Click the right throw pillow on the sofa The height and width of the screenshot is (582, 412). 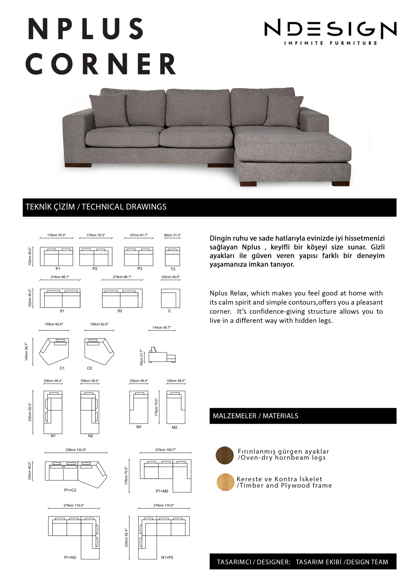tap(284, 111)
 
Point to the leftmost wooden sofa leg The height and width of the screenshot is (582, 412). tap(78, 165)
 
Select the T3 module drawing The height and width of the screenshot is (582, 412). tap(172, 256)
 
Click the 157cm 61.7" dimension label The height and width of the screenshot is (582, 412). tap(138, 235)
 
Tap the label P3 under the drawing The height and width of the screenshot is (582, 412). tap(140, 269)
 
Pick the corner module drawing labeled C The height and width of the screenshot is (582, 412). tap(170, 298)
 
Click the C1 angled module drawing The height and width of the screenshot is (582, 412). tap(54, 351)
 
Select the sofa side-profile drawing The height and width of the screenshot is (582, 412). tap(162, 355)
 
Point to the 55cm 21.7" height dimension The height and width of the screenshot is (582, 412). tap(141, 357)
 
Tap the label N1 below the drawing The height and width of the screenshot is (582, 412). tap(53, 436)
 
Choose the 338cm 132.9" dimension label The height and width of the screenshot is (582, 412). tap(76, 450)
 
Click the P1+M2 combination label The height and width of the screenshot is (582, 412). tap(162, 491)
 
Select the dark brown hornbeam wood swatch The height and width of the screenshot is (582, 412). tap(224, 455)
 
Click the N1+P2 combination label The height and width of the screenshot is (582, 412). tap(167, 557)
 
